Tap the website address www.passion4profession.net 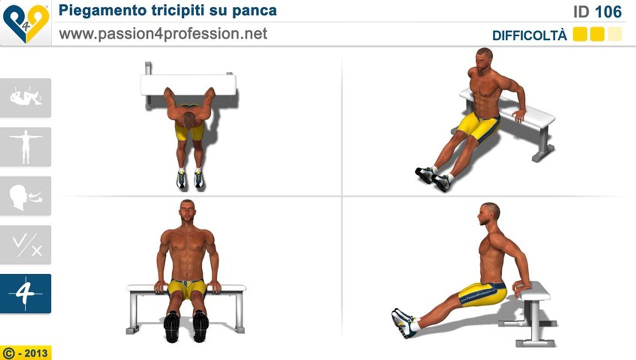pos(163,33)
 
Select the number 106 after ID pos(608,11)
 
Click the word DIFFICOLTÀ pos(529,35)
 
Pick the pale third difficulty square pos(615,34)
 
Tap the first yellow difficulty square pos(579,34)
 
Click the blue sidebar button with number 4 pos(25,293)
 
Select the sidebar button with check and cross pos(25,244)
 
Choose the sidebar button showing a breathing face pos(25,195)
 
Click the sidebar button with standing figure pos(25,146)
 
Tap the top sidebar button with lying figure pos(25,97)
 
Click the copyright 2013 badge pos(25,353)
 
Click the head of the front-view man pos(187,211)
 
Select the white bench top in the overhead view pos(188,84)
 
